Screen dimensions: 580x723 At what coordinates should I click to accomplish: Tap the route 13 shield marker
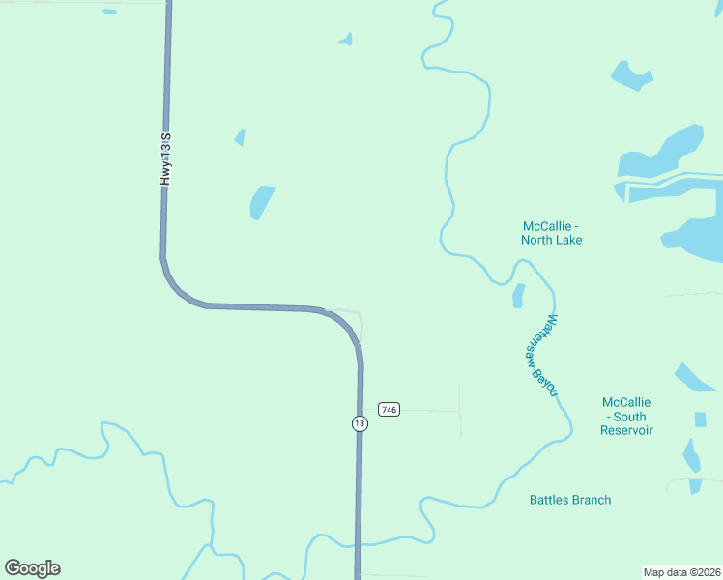(x=359, y=423)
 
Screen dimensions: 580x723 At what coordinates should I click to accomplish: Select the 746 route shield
(x=389, y=410)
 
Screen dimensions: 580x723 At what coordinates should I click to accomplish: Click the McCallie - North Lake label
(x=551, y=233)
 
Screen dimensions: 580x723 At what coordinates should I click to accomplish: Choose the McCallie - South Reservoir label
(x=626, y=416)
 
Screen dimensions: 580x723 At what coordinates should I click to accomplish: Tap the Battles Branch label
(x=570, y=500)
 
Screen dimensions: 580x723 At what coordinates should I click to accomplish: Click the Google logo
(x=32, y=568)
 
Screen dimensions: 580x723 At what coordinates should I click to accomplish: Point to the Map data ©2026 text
(x=681, y=571)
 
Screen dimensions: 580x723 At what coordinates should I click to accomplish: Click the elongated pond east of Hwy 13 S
(x=262, y=202)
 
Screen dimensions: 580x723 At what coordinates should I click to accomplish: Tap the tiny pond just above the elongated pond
(x=240, y=137)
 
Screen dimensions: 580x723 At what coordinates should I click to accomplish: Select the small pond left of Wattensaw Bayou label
(x=518, y=295)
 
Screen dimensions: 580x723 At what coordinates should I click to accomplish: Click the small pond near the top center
(x=346, y=40)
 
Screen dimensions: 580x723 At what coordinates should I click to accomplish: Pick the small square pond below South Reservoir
(x=700, y=420)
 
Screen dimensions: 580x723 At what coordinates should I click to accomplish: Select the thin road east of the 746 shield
(x=430, y=411)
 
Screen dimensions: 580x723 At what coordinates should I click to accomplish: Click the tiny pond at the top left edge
(x=109, y=12)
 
